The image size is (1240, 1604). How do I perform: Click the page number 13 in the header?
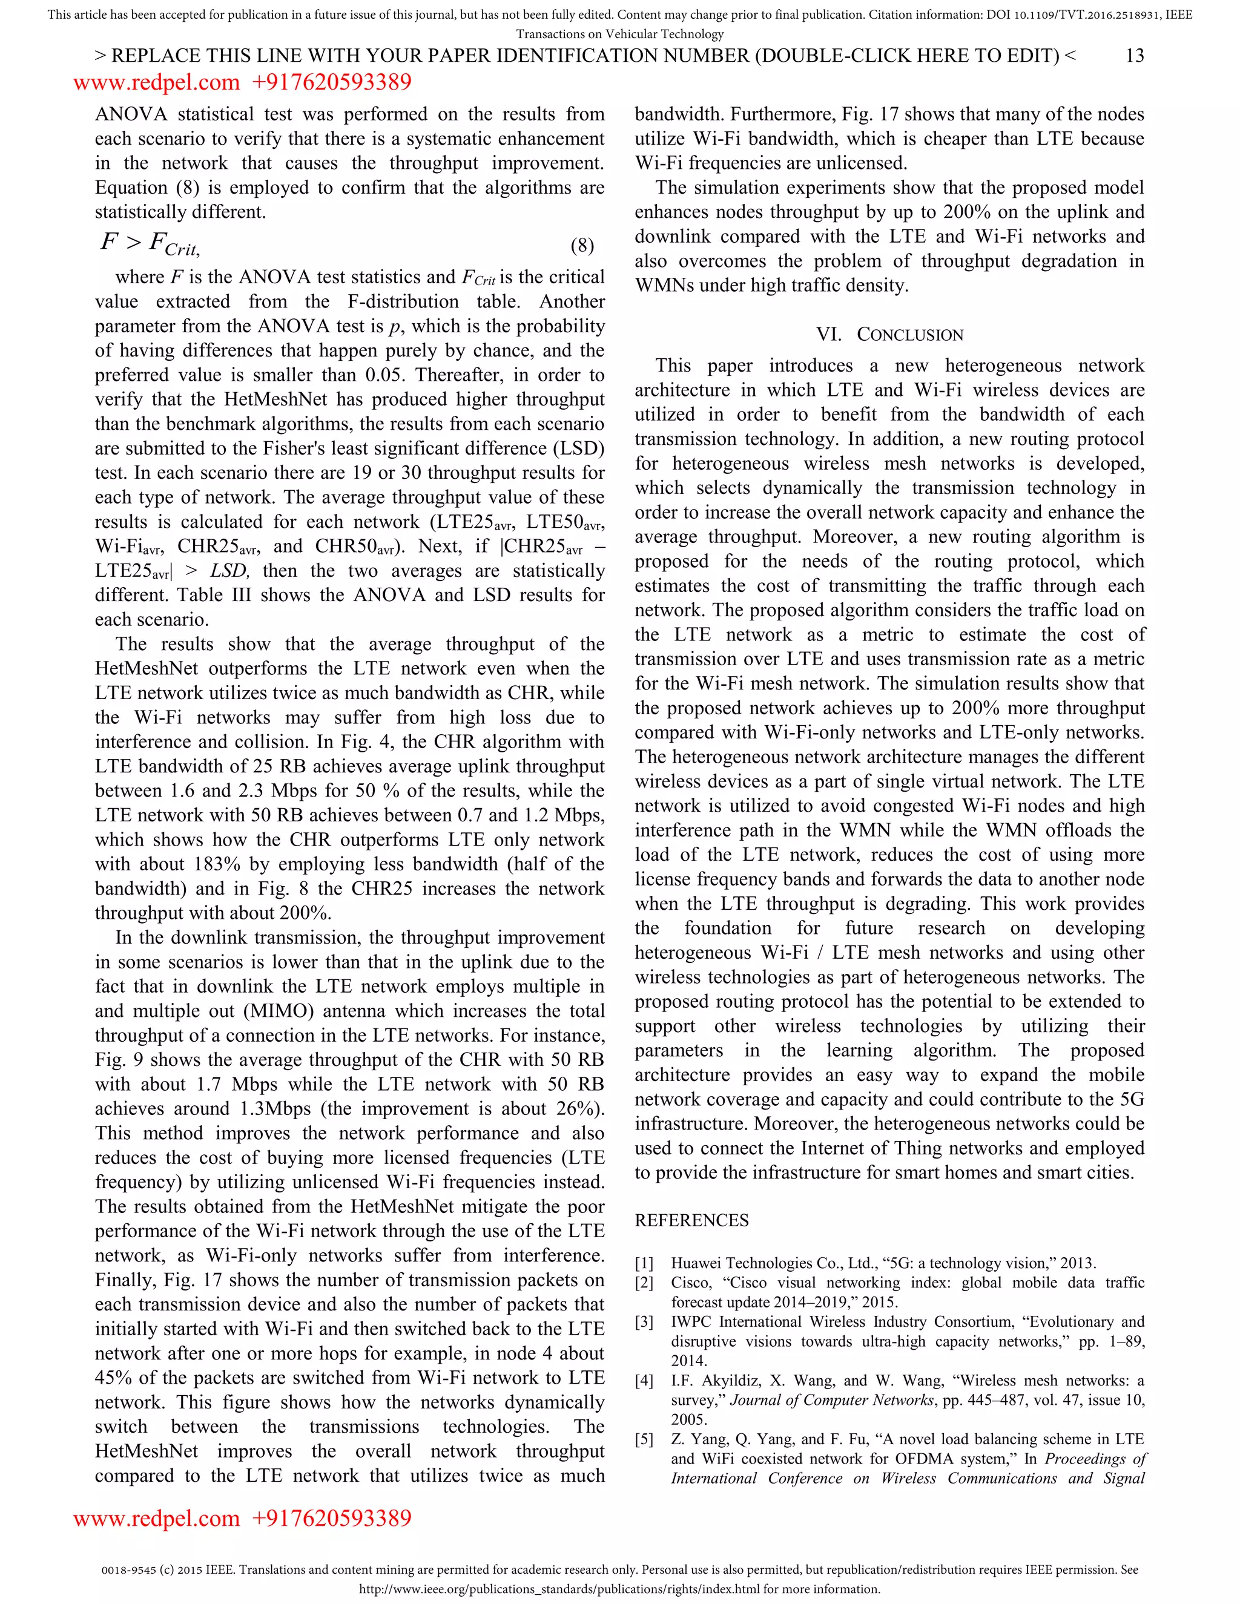tap(1134, 56)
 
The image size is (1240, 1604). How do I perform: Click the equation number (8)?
tap(582, 245)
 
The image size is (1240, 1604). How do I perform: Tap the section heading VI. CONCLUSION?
tap(889, 334)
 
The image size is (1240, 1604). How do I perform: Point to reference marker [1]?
tap(644, 1263)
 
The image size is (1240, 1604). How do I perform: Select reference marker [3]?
tap(644, 1322)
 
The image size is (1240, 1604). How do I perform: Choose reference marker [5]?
tap(644, 1439)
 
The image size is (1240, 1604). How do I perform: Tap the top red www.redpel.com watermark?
tap(156, 82)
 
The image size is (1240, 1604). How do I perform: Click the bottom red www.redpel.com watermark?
tap(156, 1518)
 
